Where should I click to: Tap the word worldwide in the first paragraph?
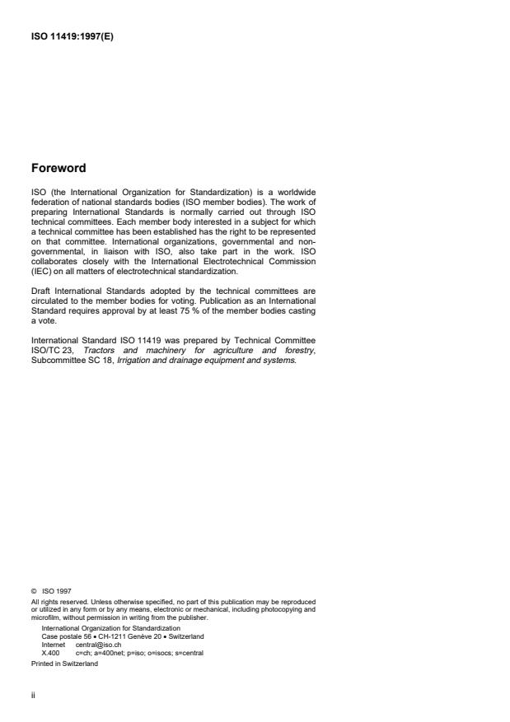tap(294, 193)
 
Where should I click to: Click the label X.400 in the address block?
tap(49, 652)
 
